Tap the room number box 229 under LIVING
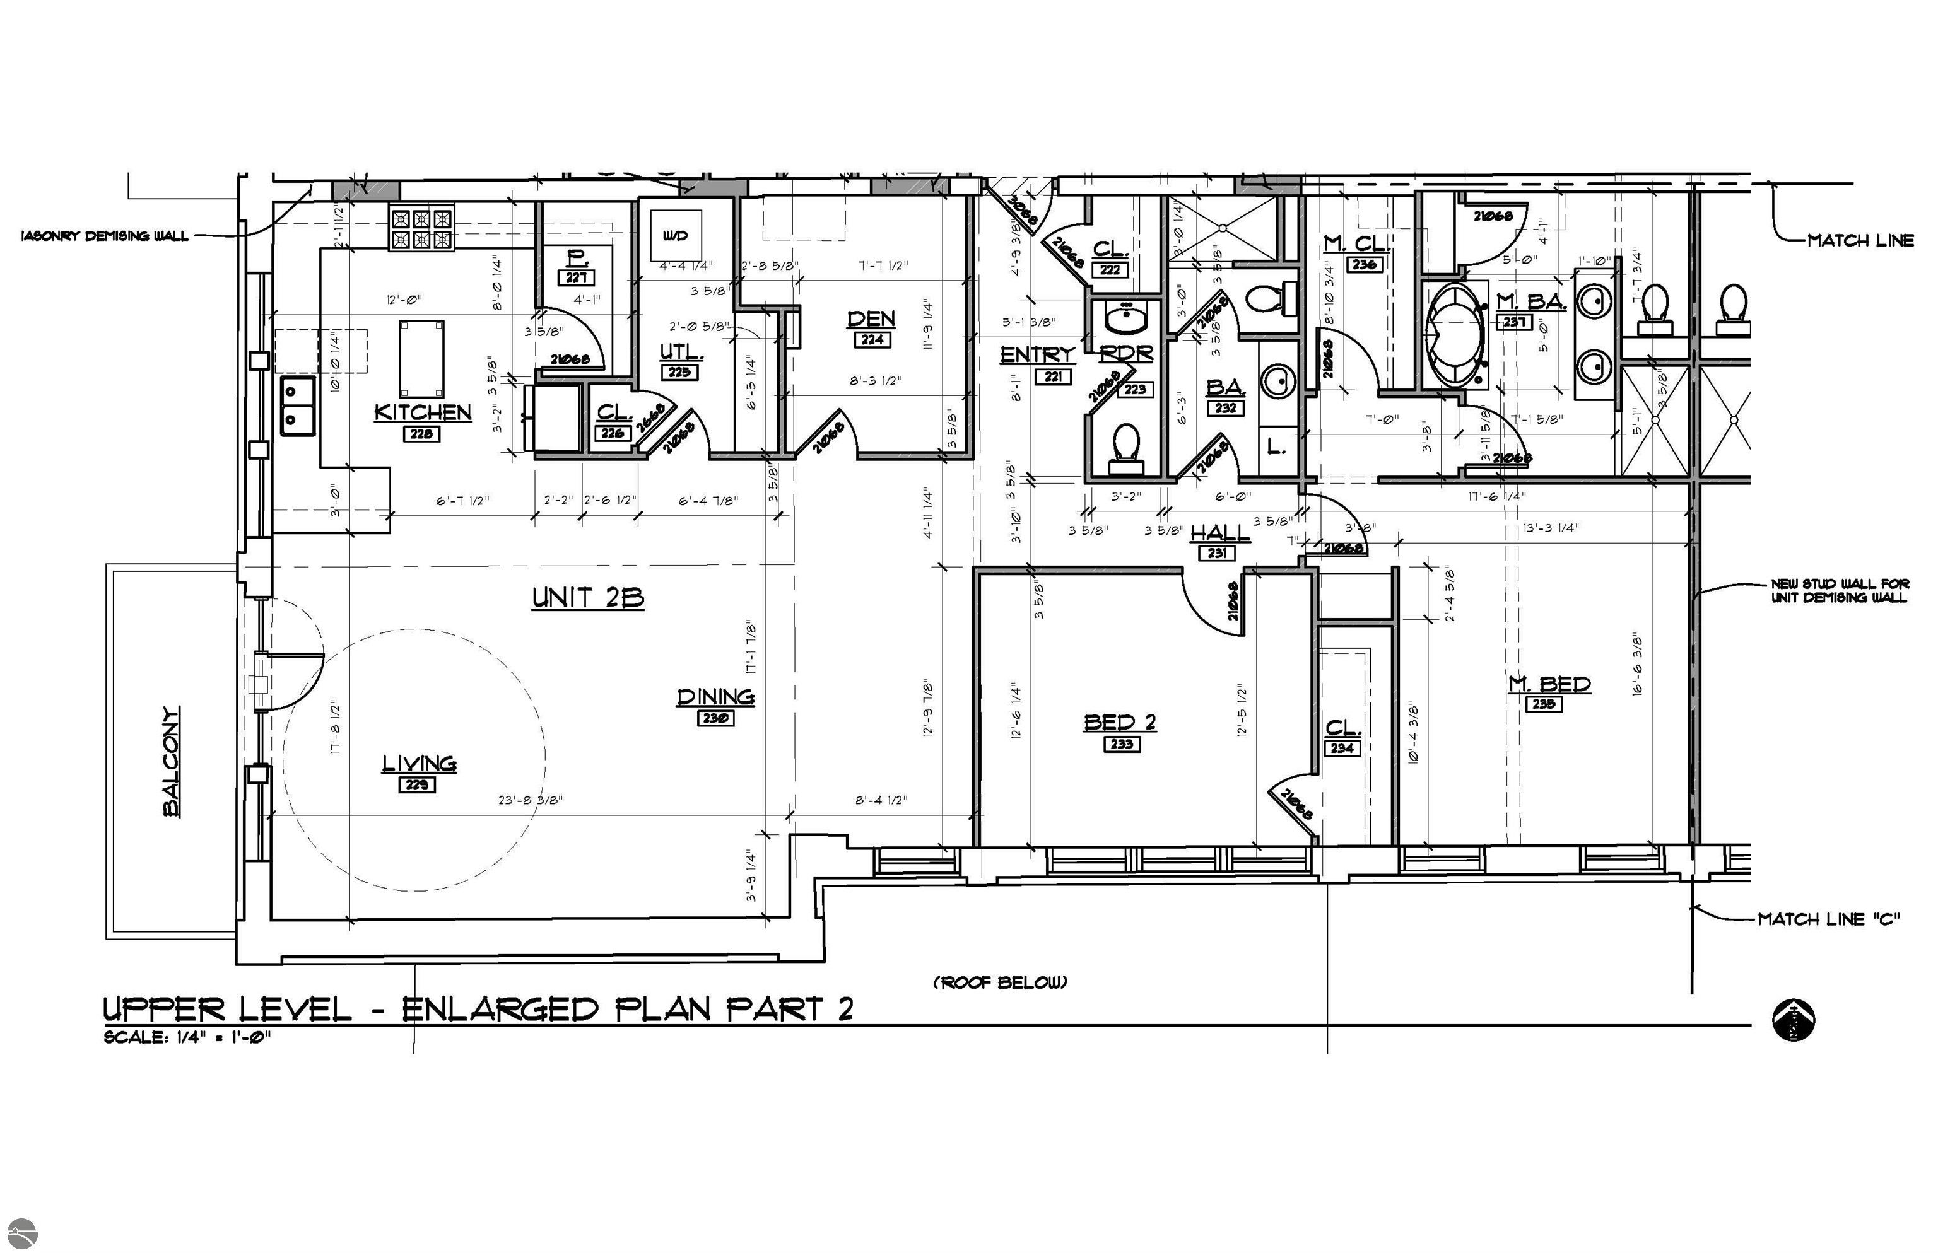417,784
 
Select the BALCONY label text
171,761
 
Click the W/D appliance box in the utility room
675,236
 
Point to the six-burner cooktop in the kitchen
421,229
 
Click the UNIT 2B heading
588,598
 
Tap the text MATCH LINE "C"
1828,919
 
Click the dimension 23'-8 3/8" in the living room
531,800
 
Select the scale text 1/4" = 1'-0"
187,1037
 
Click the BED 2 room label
1119,721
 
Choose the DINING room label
715,696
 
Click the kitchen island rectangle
421,359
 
